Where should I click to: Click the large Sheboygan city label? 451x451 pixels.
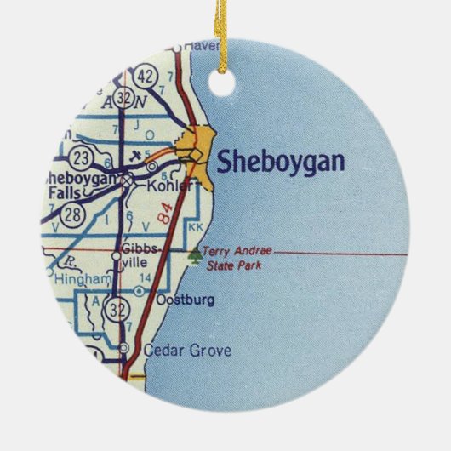click(x=281, y=163)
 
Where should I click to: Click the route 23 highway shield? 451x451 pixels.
click(x=83, y=156)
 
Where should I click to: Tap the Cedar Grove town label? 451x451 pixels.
click(x=176, y=349)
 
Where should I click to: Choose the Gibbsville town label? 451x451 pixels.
click(x=138, y=256)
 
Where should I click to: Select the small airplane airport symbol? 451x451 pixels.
click(x=136, y=157)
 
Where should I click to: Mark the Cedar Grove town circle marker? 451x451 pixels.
click(x=124, y=348)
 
